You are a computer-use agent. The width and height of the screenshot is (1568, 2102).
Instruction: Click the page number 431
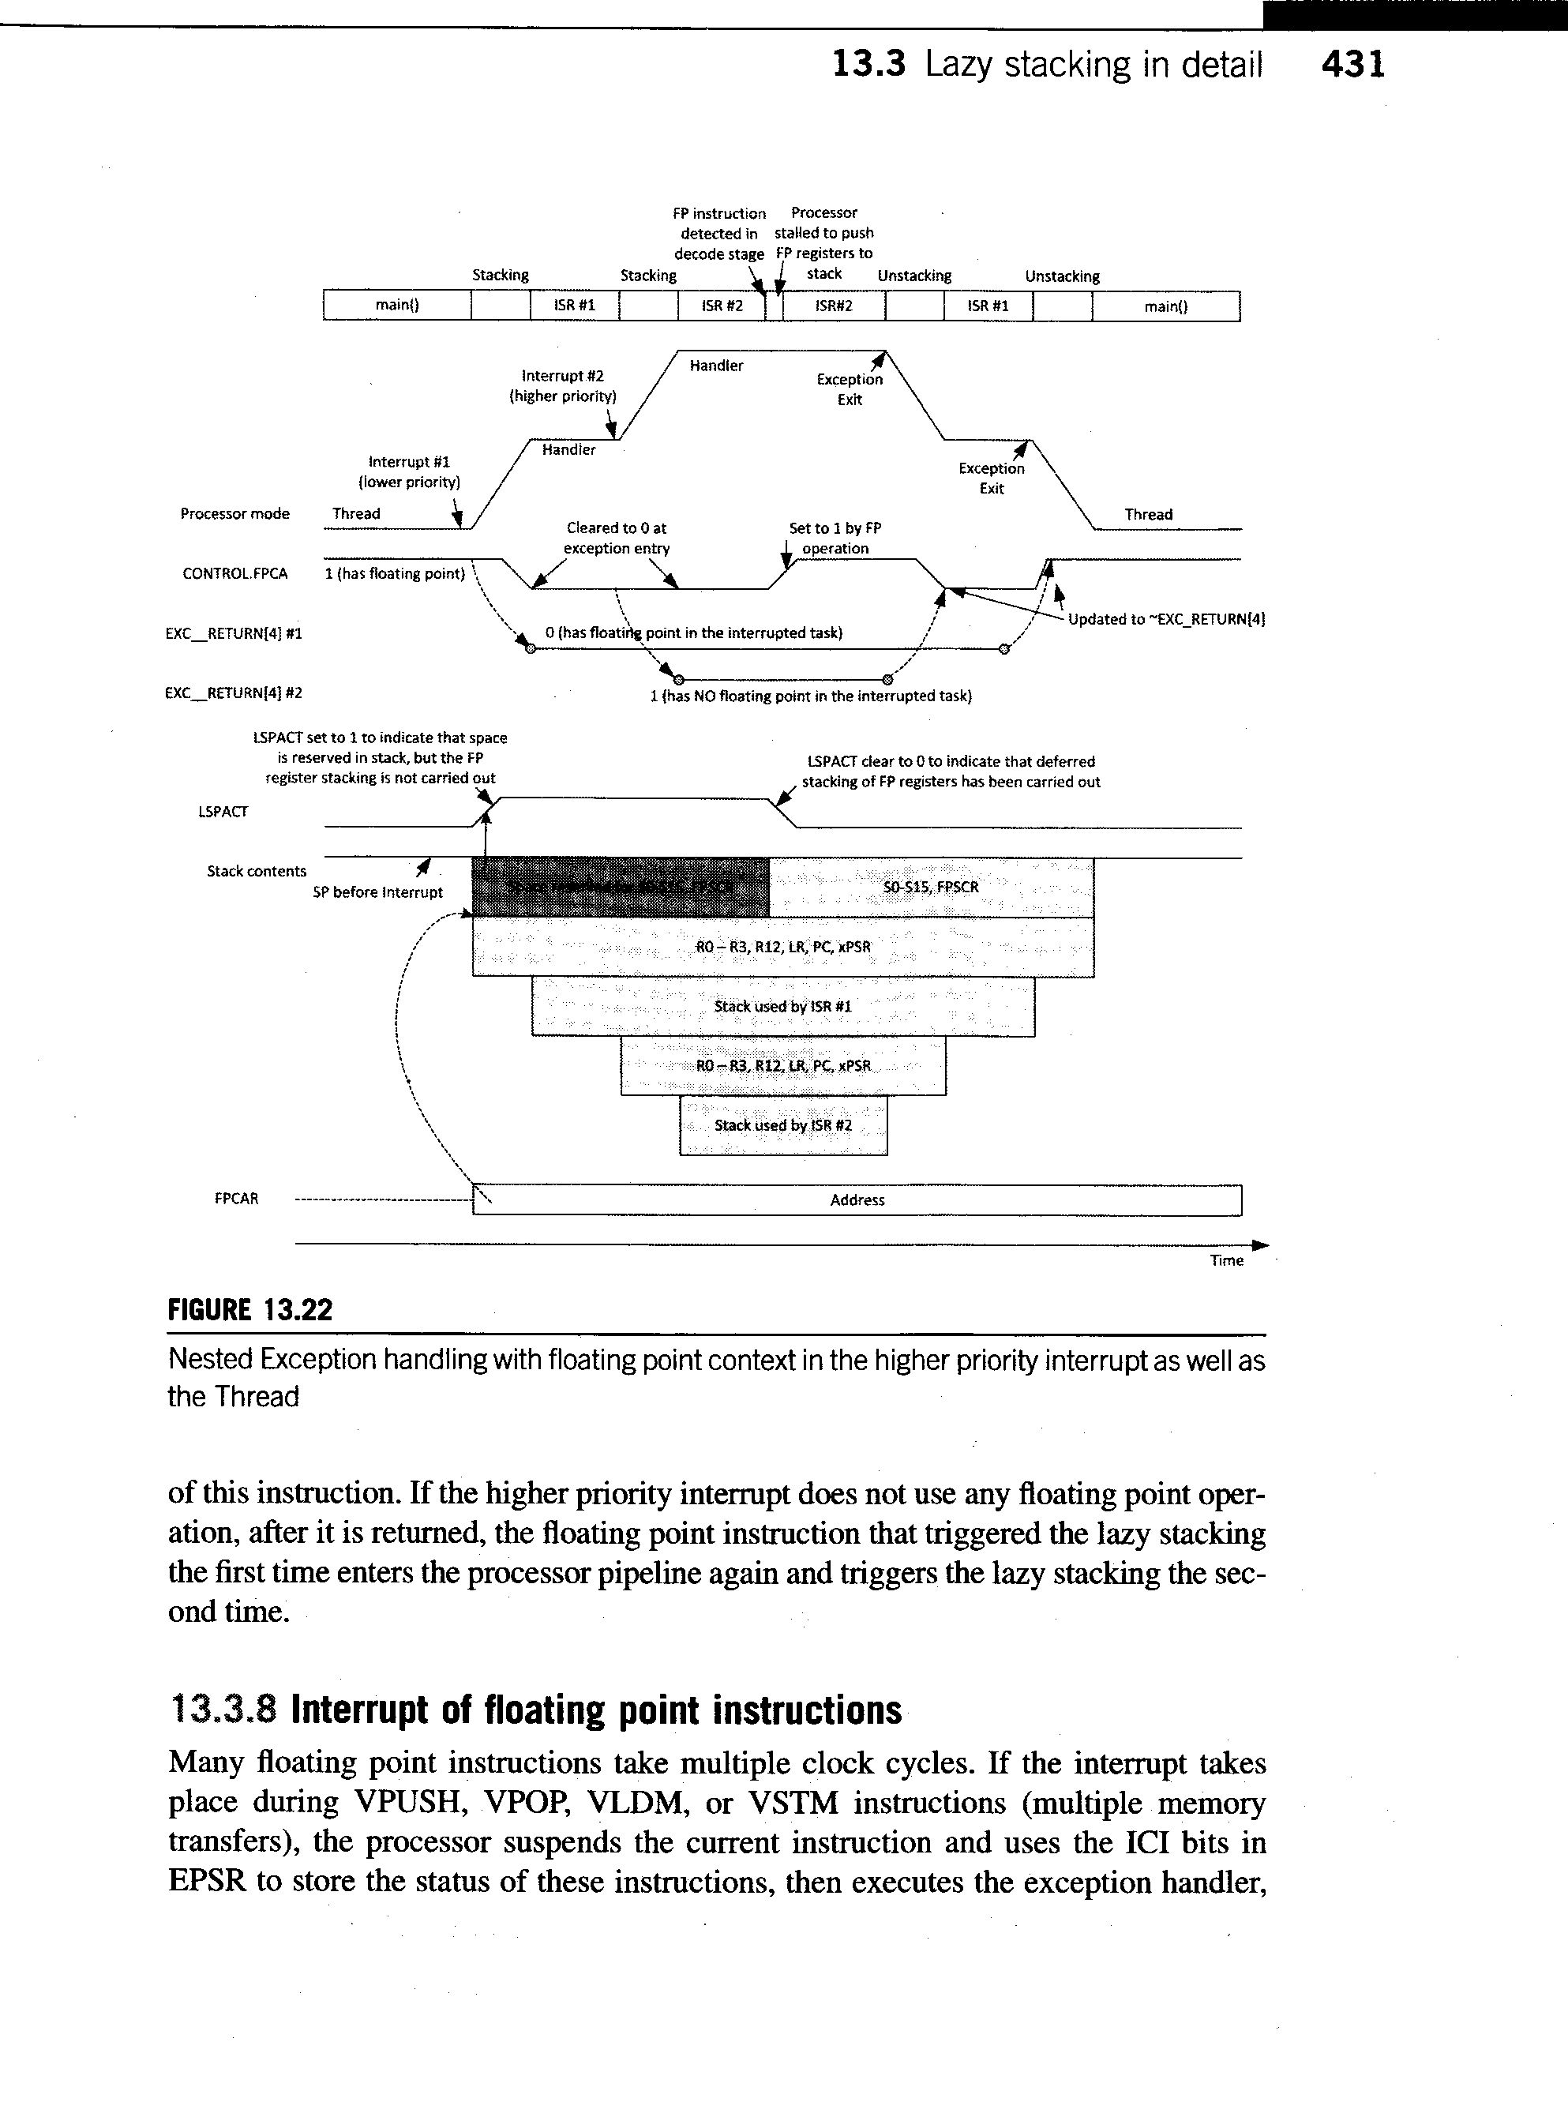(1352, 65)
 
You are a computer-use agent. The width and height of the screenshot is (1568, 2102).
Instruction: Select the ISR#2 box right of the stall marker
(834, 306)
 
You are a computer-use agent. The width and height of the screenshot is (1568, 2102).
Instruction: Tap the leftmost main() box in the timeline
(397, 306)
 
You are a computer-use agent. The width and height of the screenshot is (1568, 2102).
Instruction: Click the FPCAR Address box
(857, 1200)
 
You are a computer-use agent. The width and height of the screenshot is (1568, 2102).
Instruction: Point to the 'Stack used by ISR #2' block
(783, 1126)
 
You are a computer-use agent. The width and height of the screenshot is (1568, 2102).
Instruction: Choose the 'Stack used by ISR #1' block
(783, 1006)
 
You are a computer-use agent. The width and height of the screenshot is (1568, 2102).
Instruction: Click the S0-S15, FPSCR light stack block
(930, 888)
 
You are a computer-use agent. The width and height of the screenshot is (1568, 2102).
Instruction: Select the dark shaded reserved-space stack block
(621, 888)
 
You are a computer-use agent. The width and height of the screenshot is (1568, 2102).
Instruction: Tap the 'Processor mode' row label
(234, 513)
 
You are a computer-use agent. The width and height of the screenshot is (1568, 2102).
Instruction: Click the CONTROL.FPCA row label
(234, 573)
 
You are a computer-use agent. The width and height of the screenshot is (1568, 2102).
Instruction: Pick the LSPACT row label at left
(223, 812)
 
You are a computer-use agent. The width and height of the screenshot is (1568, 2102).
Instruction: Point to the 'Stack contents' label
(257, 872)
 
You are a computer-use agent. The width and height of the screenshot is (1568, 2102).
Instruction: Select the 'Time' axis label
(1226, 1261)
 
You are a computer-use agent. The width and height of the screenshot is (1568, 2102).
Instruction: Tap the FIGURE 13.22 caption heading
(250, 1311)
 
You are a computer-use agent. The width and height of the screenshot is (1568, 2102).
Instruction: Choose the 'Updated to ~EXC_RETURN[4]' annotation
(1166, 620)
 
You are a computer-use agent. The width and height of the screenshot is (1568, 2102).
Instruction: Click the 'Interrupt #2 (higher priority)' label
(563, 386)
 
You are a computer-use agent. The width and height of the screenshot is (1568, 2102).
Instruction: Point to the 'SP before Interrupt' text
(377, 892)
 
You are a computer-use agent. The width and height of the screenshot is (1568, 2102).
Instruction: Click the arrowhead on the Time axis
(1262, 1245)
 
